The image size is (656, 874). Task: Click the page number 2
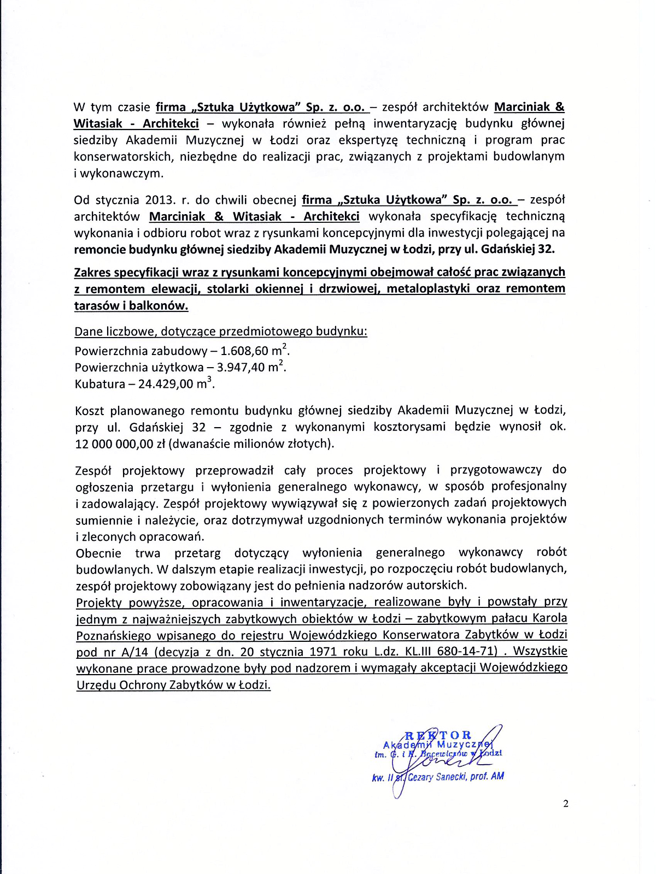[566, 804]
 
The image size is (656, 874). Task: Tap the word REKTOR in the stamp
[438, 735]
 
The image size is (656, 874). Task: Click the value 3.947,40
[242, 368]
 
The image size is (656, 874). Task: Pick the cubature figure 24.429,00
[166, 384]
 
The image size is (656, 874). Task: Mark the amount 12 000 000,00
[114, 444]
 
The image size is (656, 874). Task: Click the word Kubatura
[99, 384]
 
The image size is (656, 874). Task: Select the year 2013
[160, 200]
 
